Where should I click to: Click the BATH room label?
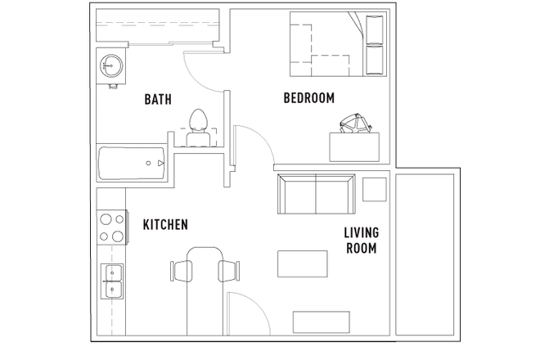157,100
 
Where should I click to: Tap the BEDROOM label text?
309,98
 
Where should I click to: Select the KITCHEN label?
166,224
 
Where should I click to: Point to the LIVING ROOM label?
360,240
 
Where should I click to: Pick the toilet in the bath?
196,126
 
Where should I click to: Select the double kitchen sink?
111,280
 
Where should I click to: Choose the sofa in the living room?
316,194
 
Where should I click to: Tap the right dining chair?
230,268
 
